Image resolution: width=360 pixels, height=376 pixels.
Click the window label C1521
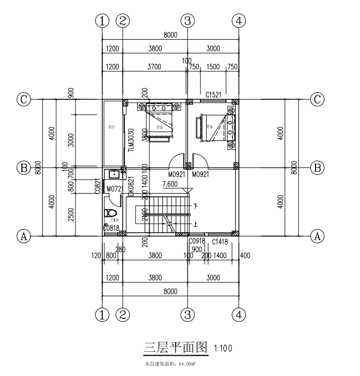coord(214,94)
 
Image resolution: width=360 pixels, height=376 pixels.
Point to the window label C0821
coord(98,186)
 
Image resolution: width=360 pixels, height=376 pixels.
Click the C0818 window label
coord(111,228)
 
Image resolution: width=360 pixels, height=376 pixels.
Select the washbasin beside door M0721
coord(113,174)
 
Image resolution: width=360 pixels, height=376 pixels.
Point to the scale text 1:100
coord(223,349)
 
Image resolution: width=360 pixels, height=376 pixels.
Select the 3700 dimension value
coord(154,67)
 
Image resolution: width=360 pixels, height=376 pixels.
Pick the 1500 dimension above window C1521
coord(213,67)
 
